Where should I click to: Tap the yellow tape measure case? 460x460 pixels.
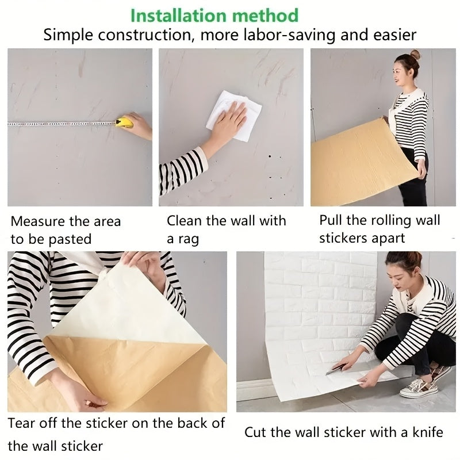pyautogui.click(x=125, y=122)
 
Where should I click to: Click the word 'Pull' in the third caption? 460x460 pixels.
pyautogui.click(x=331, y=220)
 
